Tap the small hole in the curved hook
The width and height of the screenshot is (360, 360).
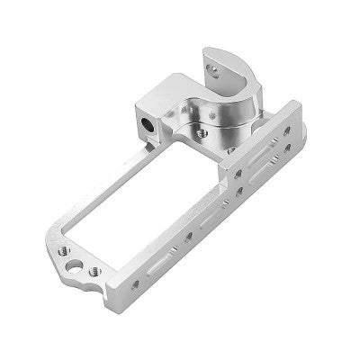(x=212, y=66)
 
